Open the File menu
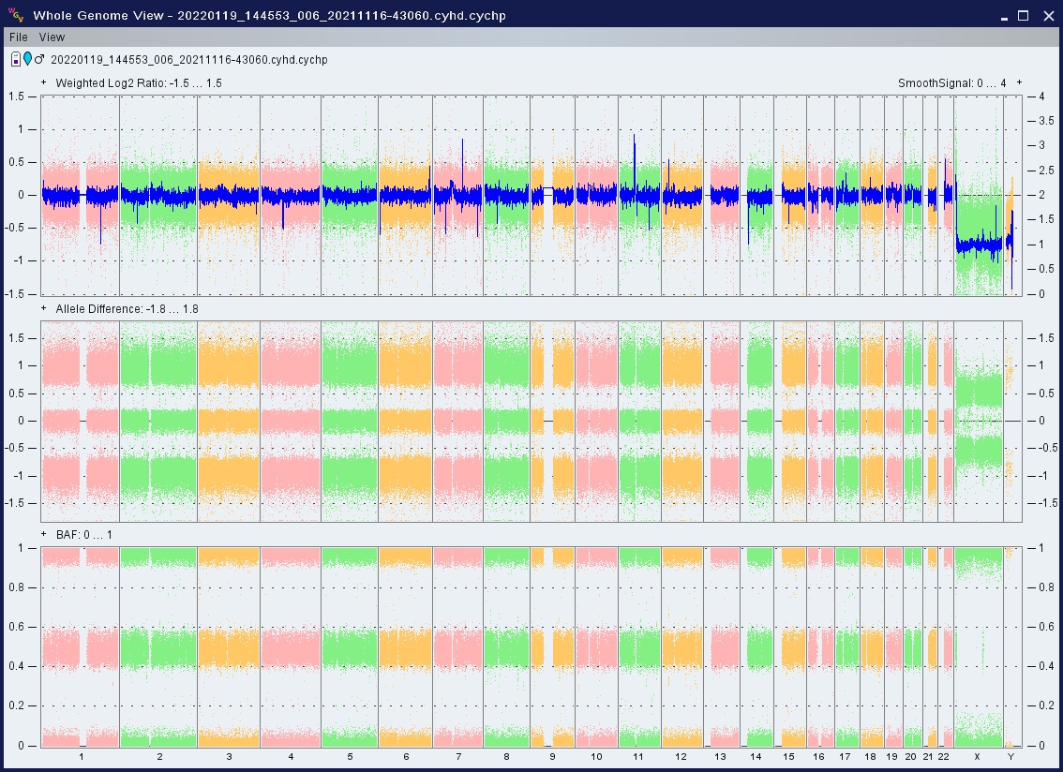(x=19, y=37)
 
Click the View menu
(x=52, y=37)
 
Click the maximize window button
(x=1024, y=16)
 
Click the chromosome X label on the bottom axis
(x=977, y=756)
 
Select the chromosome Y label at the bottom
(x=1011, y=756)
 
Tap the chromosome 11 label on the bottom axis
(x=638, y=756)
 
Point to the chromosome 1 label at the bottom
(x=82, y=756)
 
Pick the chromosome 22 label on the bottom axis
(x=944, y=756)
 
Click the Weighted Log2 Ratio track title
(x=139, y=83)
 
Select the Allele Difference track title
(x=127, y=309)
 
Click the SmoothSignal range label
(x=951, y=83)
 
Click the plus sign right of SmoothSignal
(x=1019, y=82)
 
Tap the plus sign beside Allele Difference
(x=44, y=308)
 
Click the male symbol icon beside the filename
(x=39, y=59)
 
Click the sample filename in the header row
(x=188, y=60)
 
